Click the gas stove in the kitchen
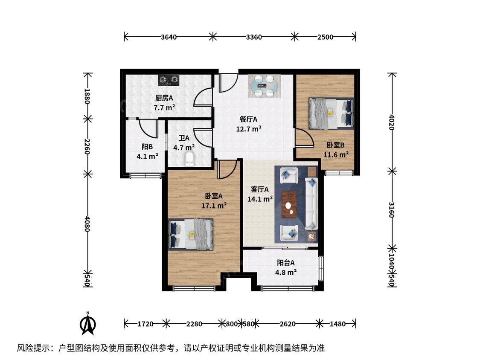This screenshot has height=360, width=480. coord(169,80)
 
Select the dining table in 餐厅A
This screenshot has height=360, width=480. coord(264,86)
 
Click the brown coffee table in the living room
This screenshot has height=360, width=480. coord(289,204)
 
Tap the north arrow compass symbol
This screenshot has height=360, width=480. coord(88,323)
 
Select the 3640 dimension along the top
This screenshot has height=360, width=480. coord(169,37)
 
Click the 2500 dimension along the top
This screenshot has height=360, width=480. coord(325,37)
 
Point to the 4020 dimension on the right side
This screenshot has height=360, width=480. coord(392,122)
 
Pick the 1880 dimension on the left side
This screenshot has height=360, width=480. coord(87,96)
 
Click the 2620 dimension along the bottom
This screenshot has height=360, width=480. coord(288,324)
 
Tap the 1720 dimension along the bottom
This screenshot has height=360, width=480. coord(145,324)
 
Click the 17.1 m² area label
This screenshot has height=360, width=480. coord(214,206)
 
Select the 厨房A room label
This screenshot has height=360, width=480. coord(164,98)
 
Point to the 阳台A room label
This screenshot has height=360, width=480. coord(286,263)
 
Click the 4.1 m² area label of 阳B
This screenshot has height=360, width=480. coord(147,157)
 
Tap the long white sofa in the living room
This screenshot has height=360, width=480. coord(311,203)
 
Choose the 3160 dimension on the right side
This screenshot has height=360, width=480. coord(392,210)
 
